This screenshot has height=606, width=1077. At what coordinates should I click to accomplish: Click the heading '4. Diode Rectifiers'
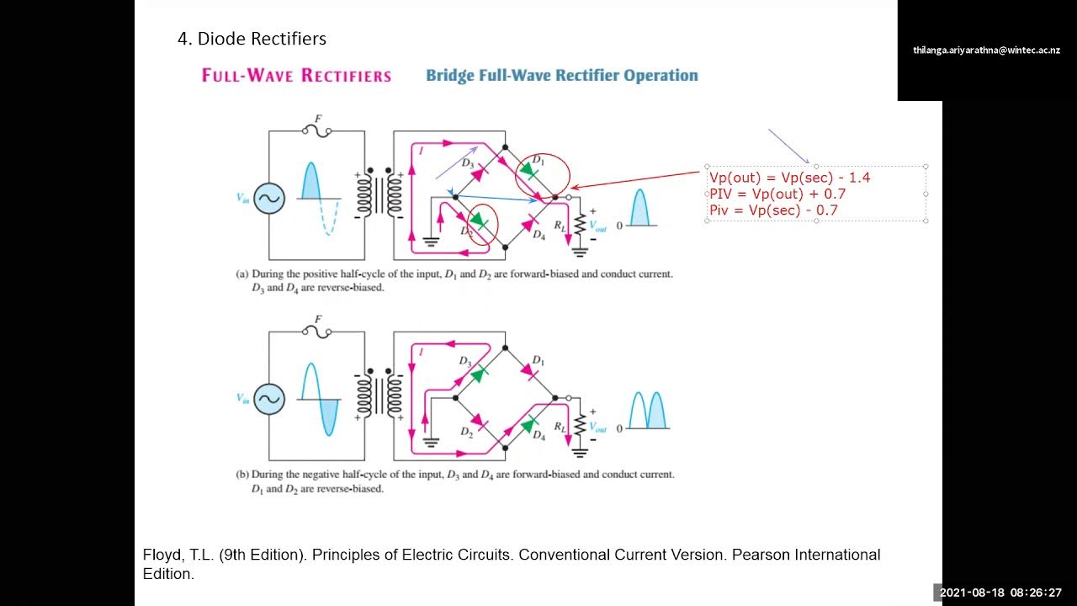[x=252, y=39]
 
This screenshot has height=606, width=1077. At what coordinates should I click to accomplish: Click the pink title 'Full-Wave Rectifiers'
[x=296, y=76]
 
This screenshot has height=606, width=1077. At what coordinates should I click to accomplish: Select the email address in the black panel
[x=986, y=50]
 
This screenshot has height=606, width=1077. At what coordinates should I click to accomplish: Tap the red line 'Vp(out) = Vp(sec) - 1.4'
[x=789, y=178]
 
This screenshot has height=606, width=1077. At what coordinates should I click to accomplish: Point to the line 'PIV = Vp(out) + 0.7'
[x=777, y=194]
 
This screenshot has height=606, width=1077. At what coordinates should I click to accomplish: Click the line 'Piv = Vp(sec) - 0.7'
[x=773, y=210]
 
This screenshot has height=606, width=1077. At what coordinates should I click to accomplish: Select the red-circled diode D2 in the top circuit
[x=480, y=221]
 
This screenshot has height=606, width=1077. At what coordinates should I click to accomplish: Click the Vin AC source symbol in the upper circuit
[x=269, y=199]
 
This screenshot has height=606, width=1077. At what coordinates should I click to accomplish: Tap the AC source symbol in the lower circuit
[x=269, y=399]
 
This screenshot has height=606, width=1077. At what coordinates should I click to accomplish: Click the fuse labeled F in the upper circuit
[x=316, y=130]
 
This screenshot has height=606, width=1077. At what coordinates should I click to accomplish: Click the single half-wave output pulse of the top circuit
[x=640, y=208]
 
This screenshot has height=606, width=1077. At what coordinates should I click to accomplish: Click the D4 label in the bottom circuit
[x=538, y=436]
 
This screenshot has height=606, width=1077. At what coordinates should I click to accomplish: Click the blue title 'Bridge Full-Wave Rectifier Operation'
[x=561, y=76]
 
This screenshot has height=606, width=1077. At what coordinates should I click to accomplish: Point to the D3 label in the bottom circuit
[x=464, y=360]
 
